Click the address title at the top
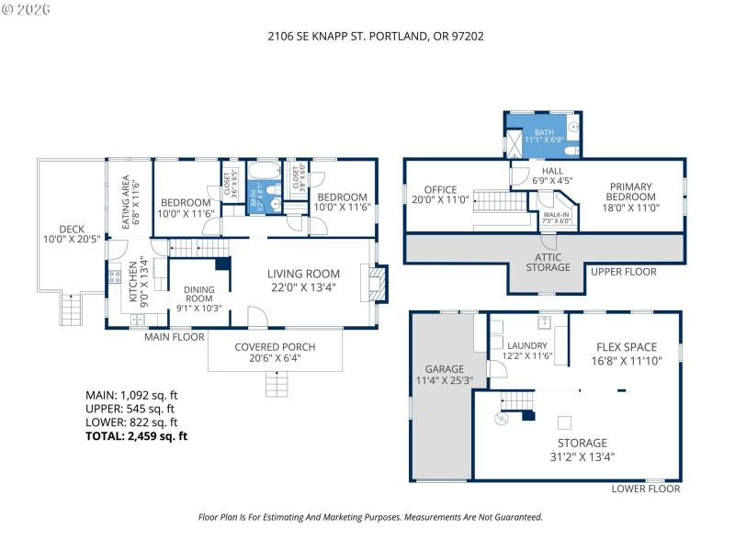[x=367, y=37]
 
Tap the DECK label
[x=71, y=230]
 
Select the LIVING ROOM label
[x=303, y=274]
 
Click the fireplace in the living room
[x=379, y=282]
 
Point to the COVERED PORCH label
[x=274, y=346]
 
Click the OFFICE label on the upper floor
[x=440, y=190]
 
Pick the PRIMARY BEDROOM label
[x=631, y=191]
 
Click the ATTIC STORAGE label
[x=548, y=262]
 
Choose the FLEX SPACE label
[x=627, y=347]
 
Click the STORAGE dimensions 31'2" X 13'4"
[x=578, y=455]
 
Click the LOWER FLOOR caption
[x=645, y=489]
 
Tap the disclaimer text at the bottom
[x=370, y=517]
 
